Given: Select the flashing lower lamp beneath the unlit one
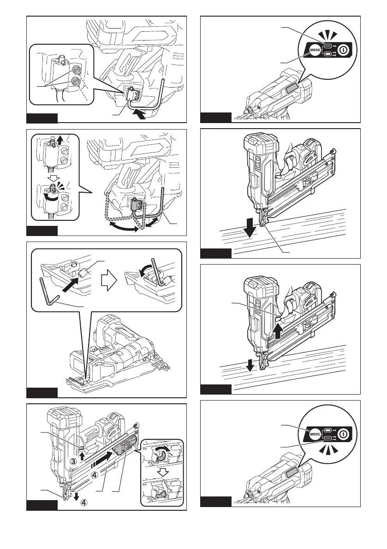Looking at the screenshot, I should (328, 438).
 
